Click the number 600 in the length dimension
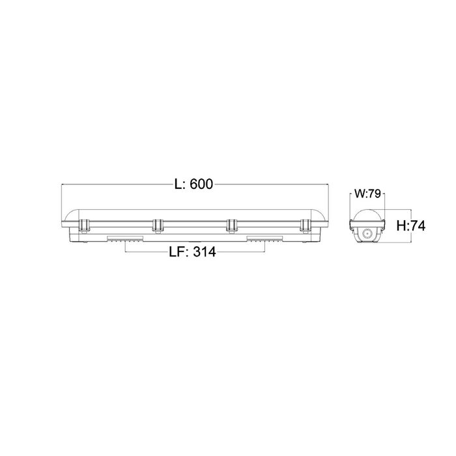[201, 184]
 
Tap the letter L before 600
[178, 184]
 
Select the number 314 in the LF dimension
[205, 252]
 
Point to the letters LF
[176, 252]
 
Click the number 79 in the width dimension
[375, 193]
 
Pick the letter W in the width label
[360, 193]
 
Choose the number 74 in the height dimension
[418, 226]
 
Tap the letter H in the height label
[402, 226]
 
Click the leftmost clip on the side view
[84, 225]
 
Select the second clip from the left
[158, 226]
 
